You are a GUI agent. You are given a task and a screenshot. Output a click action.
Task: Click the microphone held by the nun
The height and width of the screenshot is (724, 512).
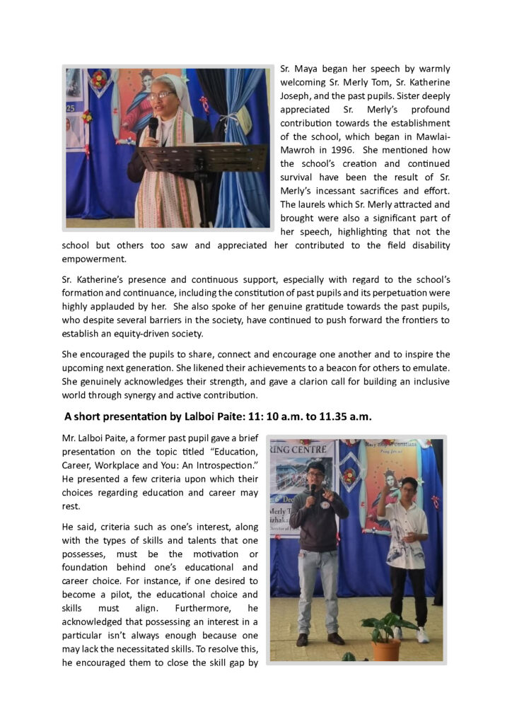click(x=153, y=127)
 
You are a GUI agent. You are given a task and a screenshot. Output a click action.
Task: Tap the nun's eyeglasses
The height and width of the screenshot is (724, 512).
click(x=161, y=95)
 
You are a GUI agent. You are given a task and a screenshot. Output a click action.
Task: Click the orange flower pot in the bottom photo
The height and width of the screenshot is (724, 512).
click(x=386, y=648)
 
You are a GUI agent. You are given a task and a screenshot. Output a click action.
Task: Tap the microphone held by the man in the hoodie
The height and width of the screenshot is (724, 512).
click(x=313, y=490)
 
